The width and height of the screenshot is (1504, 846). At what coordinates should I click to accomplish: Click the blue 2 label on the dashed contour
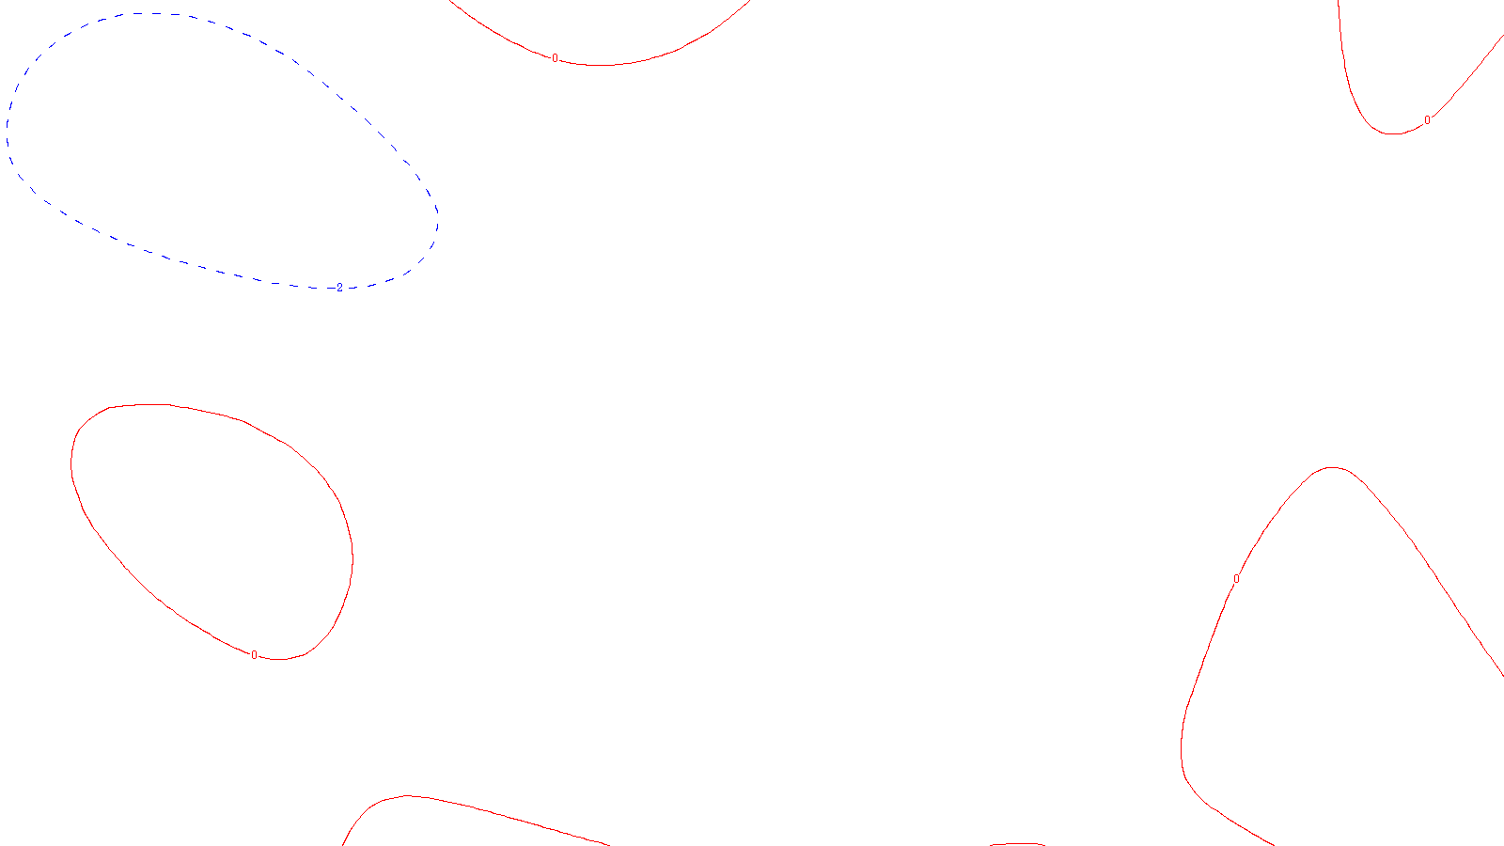[339, 288]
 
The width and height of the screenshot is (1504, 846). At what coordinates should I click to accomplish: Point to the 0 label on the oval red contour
[254, 655]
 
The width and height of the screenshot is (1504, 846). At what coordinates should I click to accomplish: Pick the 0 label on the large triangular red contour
[1236, 579]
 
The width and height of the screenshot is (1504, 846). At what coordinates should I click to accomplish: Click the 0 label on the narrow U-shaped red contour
[1427, 120]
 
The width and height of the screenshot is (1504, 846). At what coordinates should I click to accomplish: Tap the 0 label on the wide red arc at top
[555, 58]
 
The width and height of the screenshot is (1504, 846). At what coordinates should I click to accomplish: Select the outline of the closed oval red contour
[352, 555]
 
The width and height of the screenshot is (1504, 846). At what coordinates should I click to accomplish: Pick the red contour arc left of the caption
[470, 807]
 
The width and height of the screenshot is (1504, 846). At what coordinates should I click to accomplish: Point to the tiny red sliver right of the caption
[1017, 844]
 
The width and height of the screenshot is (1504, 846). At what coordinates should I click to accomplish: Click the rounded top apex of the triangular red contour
[1333, 467]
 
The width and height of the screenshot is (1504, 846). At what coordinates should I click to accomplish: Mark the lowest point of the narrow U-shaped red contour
[1392, 134]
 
